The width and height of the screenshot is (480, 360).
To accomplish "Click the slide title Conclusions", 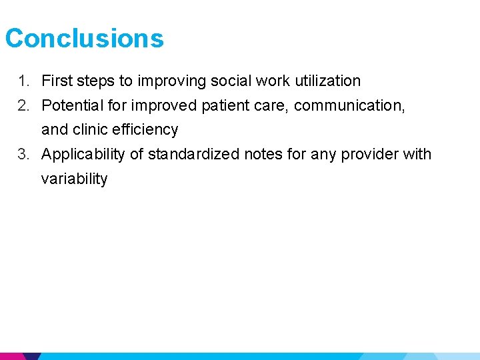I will [x=84, y=38].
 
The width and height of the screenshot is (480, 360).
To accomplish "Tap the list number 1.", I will [x=23, y=81].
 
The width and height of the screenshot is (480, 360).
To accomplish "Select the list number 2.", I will [x=23, y=105].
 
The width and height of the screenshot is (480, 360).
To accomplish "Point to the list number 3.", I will [x=23, y=154].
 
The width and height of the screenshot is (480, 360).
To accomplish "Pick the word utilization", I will [x=327, y=81].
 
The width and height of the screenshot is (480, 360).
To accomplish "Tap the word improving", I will [x=172, y=81].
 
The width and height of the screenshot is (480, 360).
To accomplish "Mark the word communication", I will [x=349, y=105].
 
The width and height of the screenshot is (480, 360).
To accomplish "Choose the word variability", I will [x=74, y=179].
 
